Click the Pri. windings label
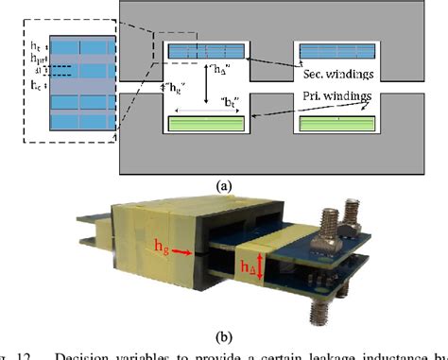[336, 95]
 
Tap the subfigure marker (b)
[224, 332]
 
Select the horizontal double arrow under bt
[206, 110]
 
